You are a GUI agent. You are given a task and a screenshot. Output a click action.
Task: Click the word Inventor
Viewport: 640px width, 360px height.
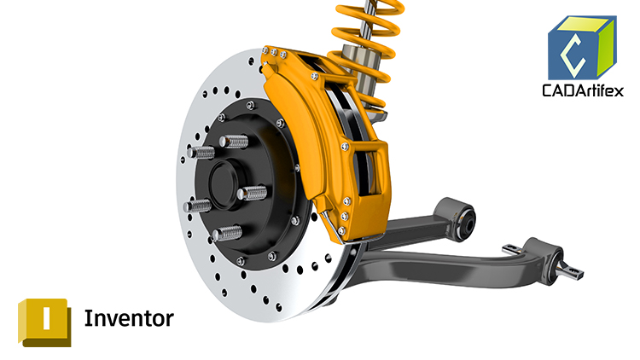[129, 319]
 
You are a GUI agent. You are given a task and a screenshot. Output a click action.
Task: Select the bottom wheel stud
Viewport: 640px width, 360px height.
[228, 231]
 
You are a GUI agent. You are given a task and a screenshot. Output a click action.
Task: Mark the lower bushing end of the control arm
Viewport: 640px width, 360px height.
[546, 255]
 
